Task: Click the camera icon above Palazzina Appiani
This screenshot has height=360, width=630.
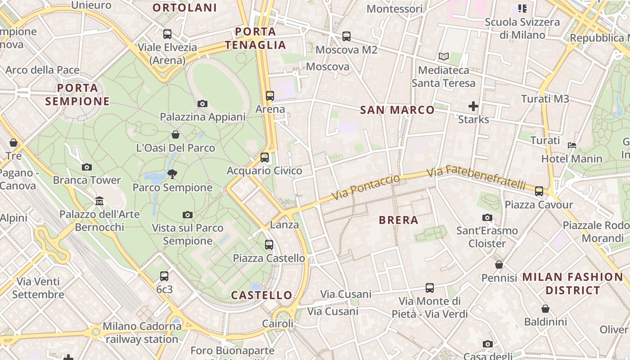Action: click(x=202, y=104)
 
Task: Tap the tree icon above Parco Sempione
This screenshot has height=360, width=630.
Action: click(x=172, y=174)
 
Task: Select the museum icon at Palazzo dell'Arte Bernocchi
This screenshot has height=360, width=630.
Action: click(x=99, y=201)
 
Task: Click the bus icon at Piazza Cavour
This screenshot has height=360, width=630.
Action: click(x=539, y=191)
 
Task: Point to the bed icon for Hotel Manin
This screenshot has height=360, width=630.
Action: click(x=572, y=145)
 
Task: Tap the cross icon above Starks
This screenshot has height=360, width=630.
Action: click(x=473, y=106)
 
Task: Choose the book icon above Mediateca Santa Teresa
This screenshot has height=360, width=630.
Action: click(x=444, y=57)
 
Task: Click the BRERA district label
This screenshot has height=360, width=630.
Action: click(x=399, y=220)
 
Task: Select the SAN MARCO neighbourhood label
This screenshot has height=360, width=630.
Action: click(x=397, y=110)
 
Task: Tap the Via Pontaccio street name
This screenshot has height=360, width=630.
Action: click(x=366, y=188)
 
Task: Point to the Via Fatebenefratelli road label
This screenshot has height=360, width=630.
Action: click(x=476, y=178)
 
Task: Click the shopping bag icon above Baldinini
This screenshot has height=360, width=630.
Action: click(x=545, y=309)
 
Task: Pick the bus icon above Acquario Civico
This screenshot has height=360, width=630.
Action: click(x=265, y=157)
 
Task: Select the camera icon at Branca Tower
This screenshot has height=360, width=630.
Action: click(x=87, y=167)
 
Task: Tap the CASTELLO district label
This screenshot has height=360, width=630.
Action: click(x=261, y=295)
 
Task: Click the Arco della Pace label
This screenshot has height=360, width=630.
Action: click(x=42, y=70)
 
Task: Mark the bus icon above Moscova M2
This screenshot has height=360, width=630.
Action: click(x=346, y=36)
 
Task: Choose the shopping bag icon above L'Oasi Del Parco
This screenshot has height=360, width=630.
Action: click(x=175, y=135)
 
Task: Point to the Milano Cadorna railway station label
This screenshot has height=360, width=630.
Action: click(x=142, y=333)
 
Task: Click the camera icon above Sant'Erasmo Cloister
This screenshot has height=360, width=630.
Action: click(x=487, y=218)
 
